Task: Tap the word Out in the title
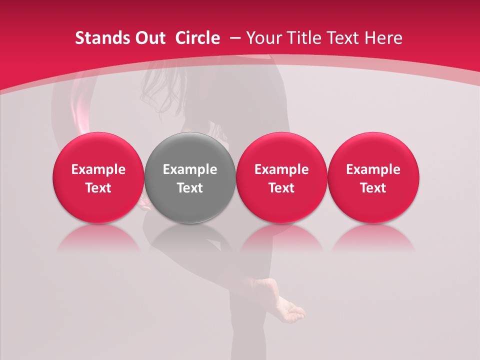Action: pyautogui.click(x=149, y=38)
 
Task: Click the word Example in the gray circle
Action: pyautogui.click(x=190, y=169)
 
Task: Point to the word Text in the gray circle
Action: pyautogui.click(x=190, y=188)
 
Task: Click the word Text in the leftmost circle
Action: pyautogui.click(x=98, y=188)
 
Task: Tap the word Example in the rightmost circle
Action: pyautogui.click(x=373, y=169)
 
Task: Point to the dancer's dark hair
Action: pyautogui.click(x=160, y=90)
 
